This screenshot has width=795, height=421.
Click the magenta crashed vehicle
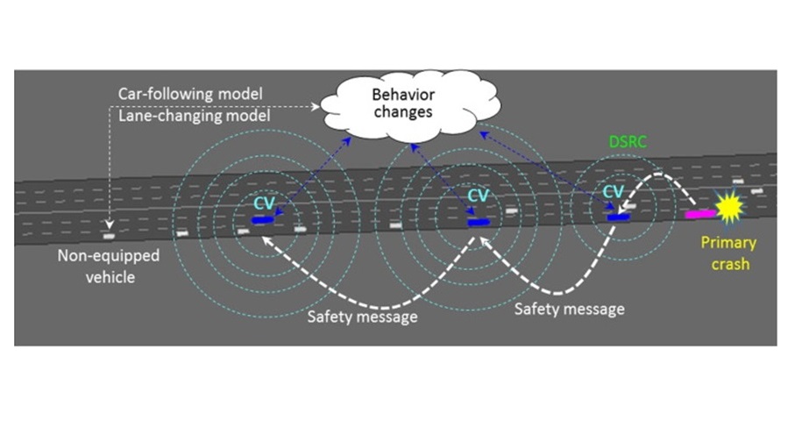(x=699, y=213)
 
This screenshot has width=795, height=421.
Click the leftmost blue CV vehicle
(x=262, y=219)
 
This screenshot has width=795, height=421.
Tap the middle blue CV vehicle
(x=479, y=222)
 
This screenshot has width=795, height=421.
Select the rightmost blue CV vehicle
(x=619, y=216)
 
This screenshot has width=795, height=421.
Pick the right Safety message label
(x=568, y=309)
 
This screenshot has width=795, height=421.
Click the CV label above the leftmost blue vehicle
(x=264, y=203)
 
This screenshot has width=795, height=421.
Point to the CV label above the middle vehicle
(x=478, y=195)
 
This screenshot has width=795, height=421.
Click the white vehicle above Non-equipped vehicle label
(x=108, y=236)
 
